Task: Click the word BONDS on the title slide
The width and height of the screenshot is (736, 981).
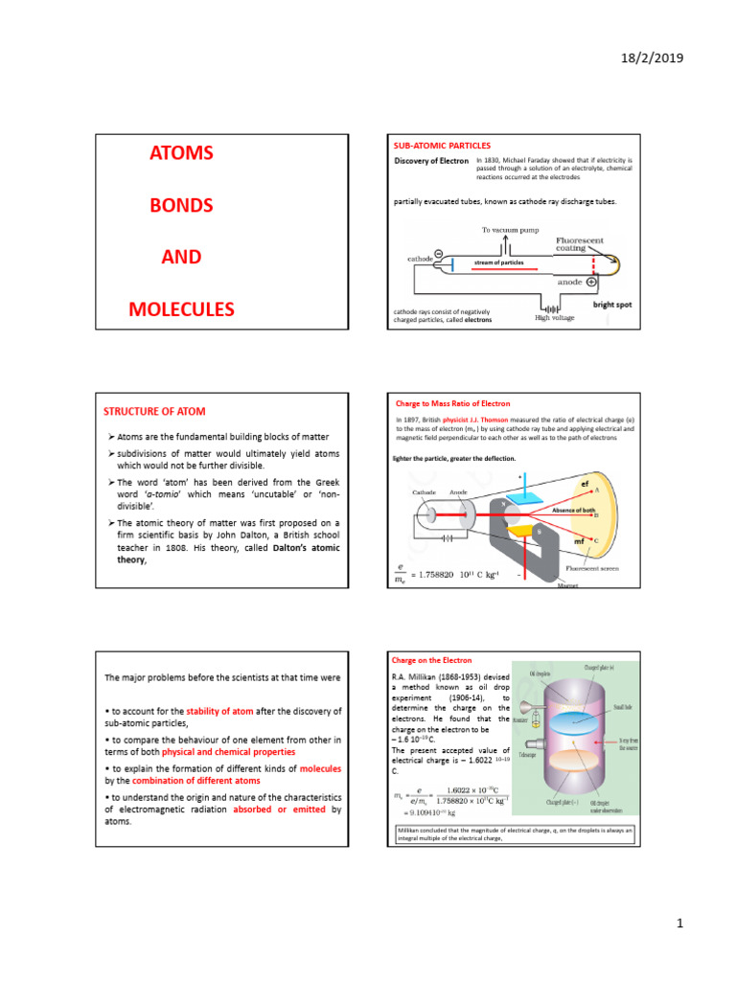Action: [x=180, y=205]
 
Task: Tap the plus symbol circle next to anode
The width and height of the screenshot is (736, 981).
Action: [x=591, y=283]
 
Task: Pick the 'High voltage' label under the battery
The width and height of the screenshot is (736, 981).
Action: [x=554, y=318]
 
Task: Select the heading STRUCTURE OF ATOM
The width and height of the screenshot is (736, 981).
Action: [x=153, y=411]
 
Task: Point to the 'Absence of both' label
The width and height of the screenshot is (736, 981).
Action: [x=574, y=511]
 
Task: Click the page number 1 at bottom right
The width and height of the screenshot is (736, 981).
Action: [x=678, y=924]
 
